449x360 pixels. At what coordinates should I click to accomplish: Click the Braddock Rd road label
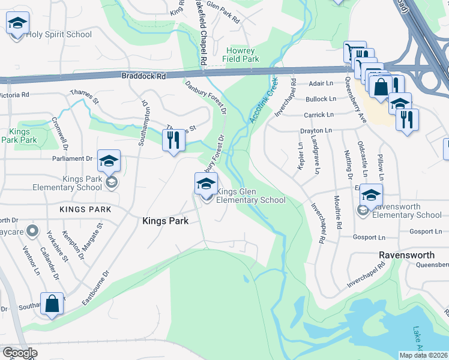(143, 76)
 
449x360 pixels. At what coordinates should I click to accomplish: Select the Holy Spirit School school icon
(17, 25)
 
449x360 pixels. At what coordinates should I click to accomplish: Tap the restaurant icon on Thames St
(173, 141)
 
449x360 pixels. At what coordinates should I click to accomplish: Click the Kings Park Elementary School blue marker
(109, 162)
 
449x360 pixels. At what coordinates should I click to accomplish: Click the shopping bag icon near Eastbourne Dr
(52, 304)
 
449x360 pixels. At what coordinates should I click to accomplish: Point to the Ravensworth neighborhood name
(406, 255)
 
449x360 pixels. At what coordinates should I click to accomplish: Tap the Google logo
(19, 353)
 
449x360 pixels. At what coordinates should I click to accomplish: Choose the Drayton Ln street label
(316, 130)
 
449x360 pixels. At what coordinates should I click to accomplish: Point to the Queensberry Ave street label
(354, 99)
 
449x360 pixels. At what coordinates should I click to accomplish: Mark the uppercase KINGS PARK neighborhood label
(85, 209)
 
